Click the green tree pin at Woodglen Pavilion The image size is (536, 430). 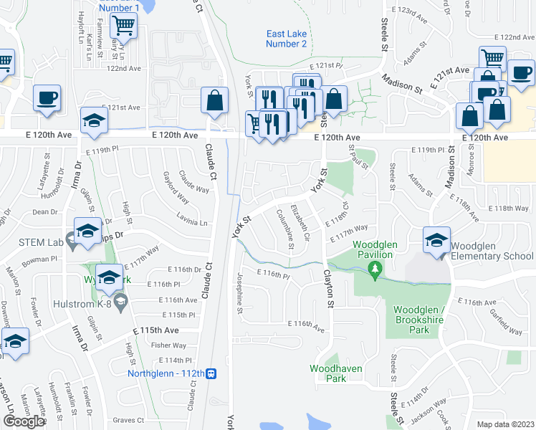373,269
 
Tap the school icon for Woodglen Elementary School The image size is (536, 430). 436,241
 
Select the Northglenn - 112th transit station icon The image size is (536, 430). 211,373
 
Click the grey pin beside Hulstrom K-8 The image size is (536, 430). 120,299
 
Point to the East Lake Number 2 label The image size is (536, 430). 286,39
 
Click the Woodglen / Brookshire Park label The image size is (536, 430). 421,320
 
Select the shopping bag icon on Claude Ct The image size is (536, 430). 215,101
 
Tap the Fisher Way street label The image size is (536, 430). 170,345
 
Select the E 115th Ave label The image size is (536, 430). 155,330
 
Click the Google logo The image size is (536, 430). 24,421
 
